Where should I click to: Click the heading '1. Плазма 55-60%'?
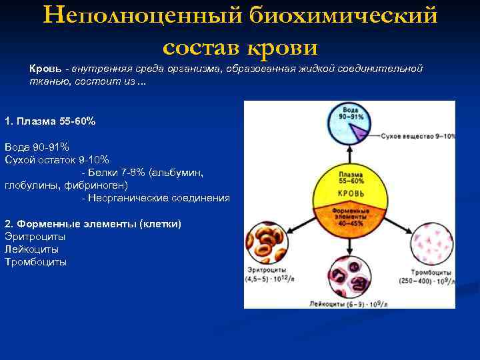(x=49, y=121)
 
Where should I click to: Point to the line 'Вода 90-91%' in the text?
(x=37, y=147)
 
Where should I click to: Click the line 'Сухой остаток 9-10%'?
(x=57, y=159)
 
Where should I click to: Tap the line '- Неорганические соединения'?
(x=155, y=198)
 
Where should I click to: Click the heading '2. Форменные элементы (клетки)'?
(x=93, y=223)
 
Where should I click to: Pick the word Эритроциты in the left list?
(x=35, y=236)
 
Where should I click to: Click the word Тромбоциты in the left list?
(x=36, y=262)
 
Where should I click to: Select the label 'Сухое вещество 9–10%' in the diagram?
(x=418, y=136)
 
